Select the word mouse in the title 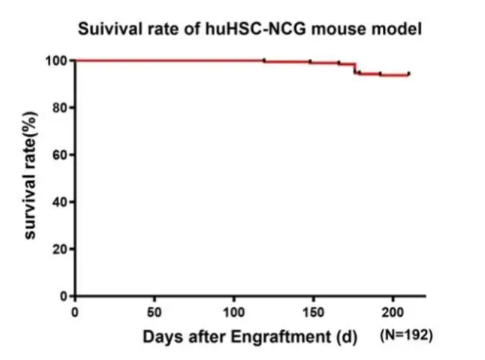[x=338, y=29]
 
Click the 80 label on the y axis [x=60, y=108]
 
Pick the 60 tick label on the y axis [x=60, y=155]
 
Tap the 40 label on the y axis [x=60, y=202]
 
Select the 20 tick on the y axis [x=60, y=249]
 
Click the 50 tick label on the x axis [x=154, y=312]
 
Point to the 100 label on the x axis [x=234, y=312]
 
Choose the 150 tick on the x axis [x=314, y=312]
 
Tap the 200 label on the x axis [x=392, y=312]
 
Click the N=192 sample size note [x=406, y=335]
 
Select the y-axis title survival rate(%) [x=30, y=175]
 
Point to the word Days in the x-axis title [x=163, y=337]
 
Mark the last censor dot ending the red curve [x=409, y=73]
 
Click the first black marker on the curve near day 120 [x=264, y=60]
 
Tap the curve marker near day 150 [x=310, y=62]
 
